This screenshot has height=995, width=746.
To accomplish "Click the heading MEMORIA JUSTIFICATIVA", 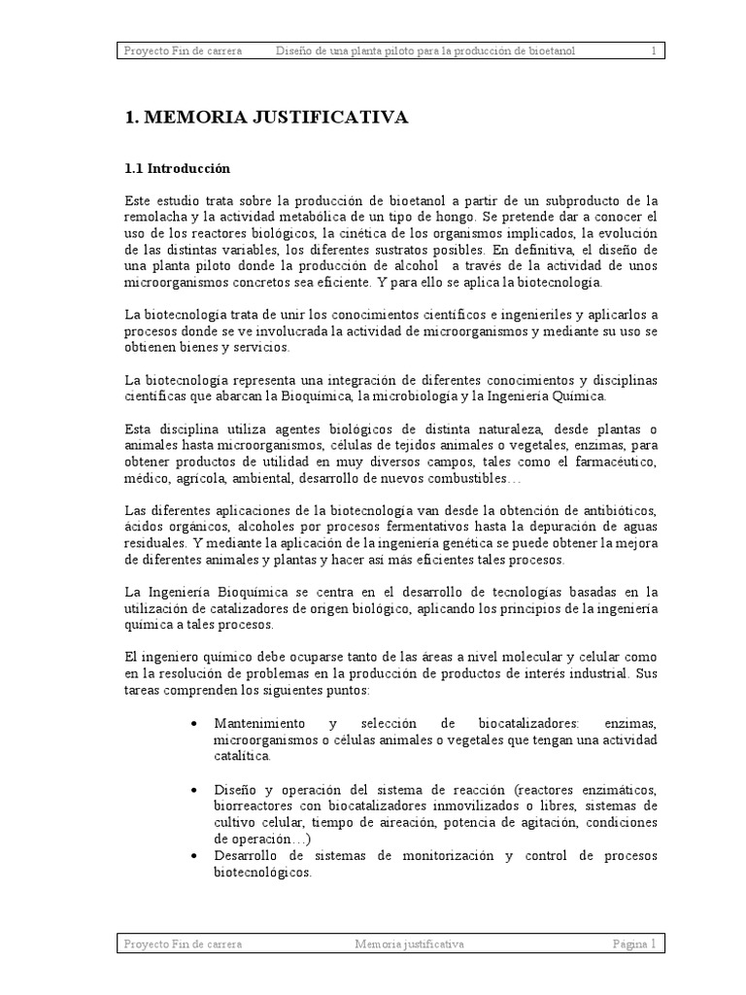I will coord(266,118).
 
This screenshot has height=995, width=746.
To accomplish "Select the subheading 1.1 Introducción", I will coord(178,168).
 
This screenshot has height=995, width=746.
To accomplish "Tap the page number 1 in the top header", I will coord(654,51).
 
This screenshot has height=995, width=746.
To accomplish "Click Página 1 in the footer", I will coord(633,944).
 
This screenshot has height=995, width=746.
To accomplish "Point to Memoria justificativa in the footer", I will coord(409,944).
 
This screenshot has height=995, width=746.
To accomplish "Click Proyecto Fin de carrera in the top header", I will coord(183,51).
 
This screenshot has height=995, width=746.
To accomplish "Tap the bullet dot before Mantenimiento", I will coord(198,725).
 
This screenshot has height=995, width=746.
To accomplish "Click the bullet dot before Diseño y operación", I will coord(198,790).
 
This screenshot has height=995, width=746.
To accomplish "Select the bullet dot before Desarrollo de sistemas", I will coord(198,856).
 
